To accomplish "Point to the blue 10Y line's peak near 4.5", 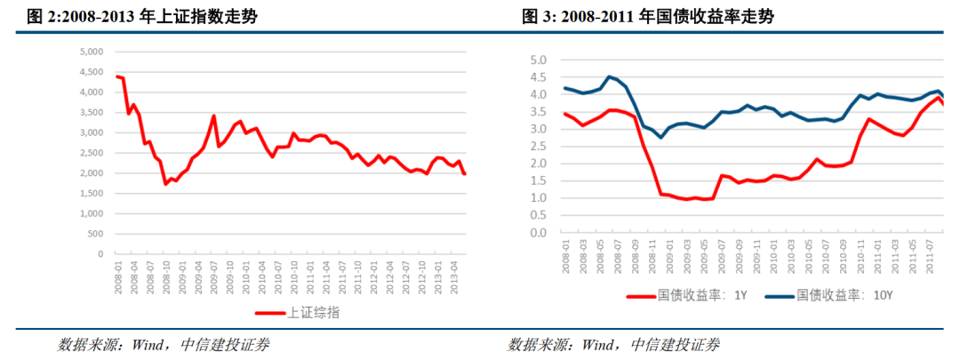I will tap(609, 76).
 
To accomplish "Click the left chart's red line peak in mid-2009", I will tap(213, 116).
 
